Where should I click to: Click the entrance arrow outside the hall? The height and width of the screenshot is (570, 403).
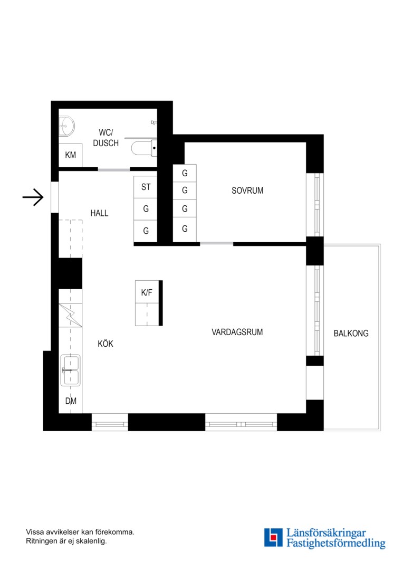coord(33,197)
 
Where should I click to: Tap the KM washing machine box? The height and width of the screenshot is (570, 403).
coord(71,155)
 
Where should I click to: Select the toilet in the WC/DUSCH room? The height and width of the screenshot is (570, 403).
coord(144,148)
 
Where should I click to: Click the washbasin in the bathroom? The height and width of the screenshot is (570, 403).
coord(66,126)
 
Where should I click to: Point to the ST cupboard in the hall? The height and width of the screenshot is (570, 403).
coord(146,187)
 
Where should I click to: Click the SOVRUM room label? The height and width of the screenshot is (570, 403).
coord(247,191)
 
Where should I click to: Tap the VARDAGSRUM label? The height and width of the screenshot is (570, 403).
coord(237,332)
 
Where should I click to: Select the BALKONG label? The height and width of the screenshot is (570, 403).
coord(351,334)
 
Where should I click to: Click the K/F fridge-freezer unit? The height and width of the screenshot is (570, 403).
coord(147,303)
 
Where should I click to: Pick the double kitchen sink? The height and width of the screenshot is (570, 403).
coord(71,370)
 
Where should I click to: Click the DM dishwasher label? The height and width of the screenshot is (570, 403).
coord(71,401)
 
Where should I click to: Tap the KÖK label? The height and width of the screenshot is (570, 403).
coord(105,344)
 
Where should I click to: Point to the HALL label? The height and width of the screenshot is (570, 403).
coord(99,213)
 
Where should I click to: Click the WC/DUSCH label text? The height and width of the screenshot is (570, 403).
coord(105,138)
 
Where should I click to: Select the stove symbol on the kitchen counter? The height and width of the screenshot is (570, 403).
coord(71,315)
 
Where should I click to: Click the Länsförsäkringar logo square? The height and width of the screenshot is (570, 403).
coord(273,538)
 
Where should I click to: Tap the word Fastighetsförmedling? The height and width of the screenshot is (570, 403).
coord(336,543)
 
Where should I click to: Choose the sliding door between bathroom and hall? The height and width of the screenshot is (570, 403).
coord(114,169)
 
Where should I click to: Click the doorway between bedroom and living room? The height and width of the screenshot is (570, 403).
coord(217,243)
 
